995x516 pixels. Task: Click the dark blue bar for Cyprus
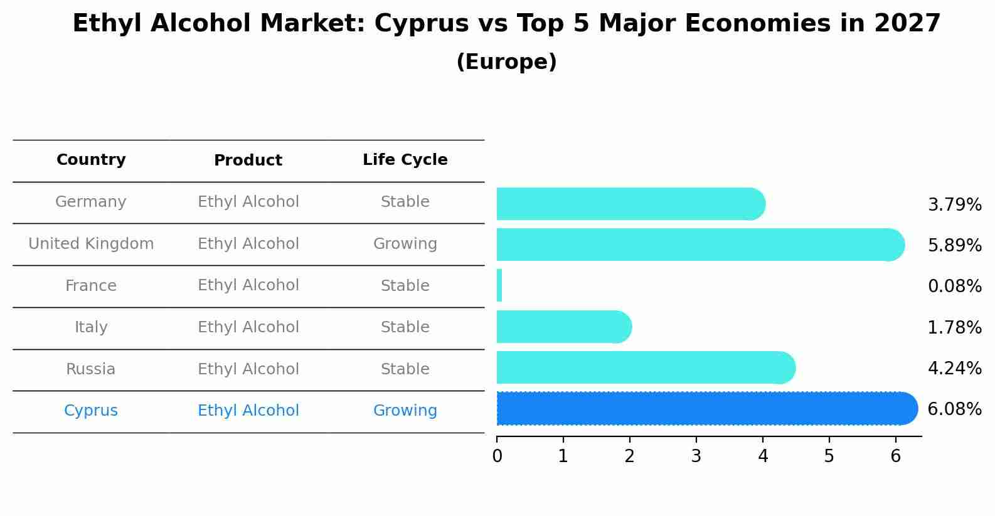tap(706, 409)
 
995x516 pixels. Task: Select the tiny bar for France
tap(499, 286)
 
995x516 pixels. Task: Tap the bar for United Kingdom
tap(700, 245)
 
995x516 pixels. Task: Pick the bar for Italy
tap(563, 327)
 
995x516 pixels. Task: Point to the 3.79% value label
tap(954, 205)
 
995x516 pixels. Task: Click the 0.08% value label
tap(954, 287)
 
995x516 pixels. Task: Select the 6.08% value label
tap(954, 409)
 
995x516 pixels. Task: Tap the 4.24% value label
tap(954, 369)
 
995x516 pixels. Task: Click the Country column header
tap(91, 160)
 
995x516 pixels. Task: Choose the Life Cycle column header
tap(405, 160)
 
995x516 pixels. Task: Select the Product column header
tap(248, 161)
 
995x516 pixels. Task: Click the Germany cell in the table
tap(91, 202)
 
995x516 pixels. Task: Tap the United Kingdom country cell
tap(91, 244)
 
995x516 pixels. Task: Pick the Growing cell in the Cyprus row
tap(405, 411)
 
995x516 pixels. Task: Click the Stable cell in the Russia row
tap(405, 369)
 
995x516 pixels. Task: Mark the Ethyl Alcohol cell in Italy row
tap(248, 327)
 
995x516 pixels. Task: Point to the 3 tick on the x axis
tap(696, 456)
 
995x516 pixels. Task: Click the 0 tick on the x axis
tap(497, 456)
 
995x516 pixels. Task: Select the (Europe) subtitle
tap(506, 62)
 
